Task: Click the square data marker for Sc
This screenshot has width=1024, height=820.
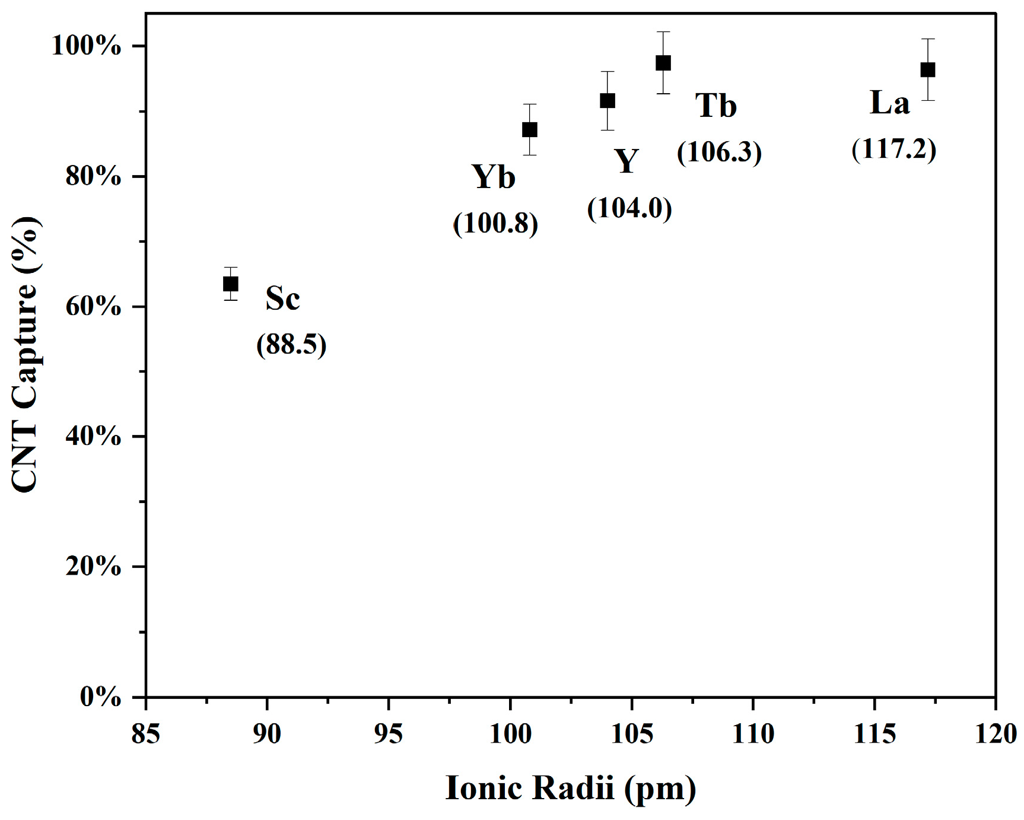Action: point(231,284)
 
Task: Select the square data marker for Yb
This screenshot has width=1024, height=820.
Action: point(530,129)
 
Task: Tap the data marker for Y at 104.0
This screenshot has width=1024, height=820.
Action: point(608,101)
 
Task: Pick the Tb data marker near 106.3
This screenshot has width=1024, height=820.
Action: point(663,63)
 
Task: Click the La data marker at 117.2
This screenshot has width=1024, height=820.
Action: point(928,70)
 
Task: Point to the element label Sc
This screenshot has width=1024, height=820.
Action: point(282,298)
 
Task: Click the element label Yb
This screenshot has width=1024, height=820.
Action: point(493,177)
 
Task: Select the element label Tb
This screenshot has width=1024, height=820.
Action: point(716,106)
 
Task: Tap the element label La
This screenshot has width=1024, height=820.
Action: point(889,103)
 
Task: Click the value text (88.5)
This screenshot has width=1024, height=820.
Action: point(291,345)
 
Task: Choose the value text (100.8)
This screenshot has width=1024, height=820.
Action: point(496,223)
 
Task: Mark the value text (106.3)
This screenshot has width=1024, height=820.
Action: point(719,152)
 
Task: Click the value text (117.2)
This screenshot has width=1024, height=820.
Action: point(894,149)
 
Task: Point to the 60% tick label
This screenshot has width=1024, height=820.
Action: point(93,307)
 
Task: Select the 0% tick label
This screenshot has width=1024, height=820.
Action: point(100,698)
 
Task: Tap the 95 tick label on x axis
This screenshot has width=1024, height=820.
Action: point(389,735)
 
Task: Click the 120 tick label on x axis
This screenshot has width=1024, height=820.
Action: point(995,735)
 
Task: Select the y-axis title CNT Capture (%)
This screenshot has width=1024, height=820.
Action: point(26,354)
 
